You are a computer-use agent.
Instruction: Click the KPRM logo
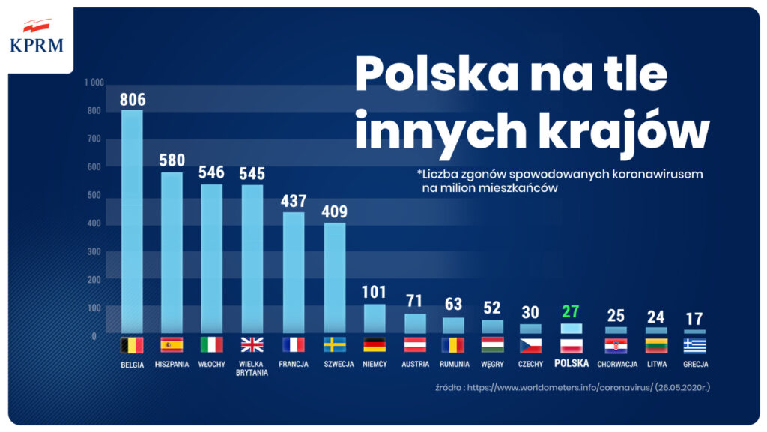[37, 37]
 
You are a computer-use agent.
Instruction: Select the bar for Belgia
[132, 221]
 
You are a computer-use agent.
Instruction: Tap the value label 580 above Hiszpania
[172, 160]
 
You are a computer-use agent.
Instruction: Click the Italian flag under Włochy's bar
[212, 345]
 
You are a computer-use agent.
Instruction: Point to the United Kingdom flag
[252, 345]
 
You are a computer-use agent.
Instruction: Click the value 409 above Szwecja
[335, 211]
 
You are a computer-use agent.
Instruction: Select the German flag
[375, 345]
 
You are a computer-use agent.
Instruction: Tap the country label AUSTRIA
[416, 364]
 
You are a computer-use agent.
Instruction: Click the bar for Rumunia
[453, 325]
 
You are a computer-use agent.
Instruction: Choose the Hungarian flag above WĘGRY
[493, 345]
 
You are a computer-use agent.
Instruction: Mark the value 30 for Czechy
[530, 312]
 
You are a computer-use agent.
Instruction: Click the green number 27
[572, 311]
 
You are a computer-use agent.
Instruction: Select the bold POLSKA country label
[572, 364]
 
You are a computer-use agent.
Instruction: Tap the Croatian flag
[616, 345]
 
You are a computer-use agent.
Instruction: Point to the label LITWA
[657, 364]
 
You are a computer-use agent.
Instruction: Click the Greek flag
[694, 345]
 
